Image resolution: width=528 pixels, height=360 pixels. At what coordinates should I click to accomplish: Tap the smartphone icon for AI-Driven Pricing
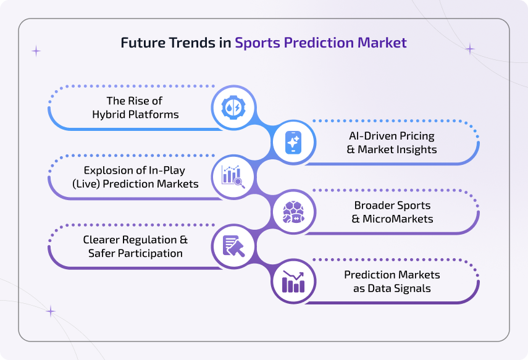tap(293, 142)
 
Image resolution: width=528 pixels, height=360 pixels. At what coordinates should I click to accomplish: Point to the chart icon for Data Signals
tap(293, 281)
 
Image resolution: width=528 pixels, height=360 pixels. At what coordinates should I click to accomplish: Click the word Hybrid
tap(109, 114)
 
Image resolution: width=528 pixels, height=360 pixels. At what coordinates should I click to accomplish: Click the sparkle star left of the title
tap(36, 51)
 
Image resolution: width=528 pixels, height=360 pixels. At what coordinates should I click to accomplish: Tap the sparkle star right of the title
tap(470, 49)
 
